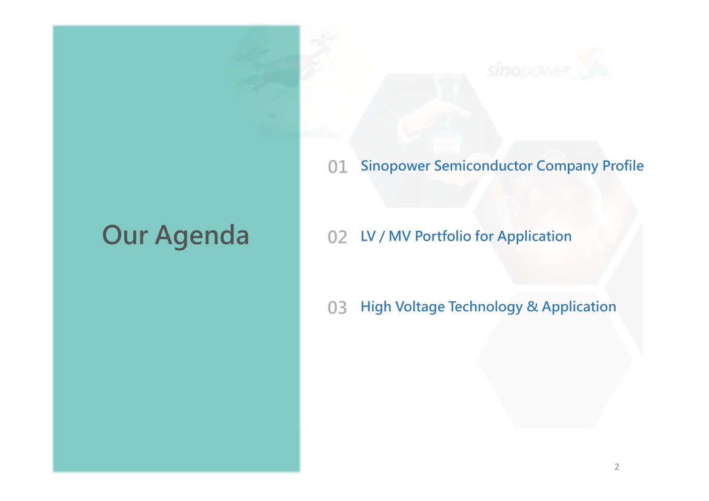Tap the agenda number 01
pyautogui.click(x=338, y=167)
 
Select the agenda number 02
pyautogui.click(x=338, y=237)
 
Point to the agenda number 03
pyautogui.click(x=338, y=308)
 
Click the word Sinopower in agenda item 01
pyautogui.click(x=395, y=166)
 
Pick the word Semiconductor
pyautogui.click(x=483, y=165)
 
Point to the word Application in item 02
pyautogui.click(x=534, y=236)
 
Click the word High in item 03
pyautogui.click(x=376, y=307)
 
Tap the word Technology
pyautogui.click(x=485, y=307)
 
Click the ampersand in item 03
pyautogui.click(x=533, y=307)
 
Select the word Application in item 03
pyautogui.click(x=579, y=307)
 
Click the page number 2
pyautogui.click(x=617, y=467)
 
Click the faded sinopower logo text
pyautogui.click(x=528, y=71)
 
